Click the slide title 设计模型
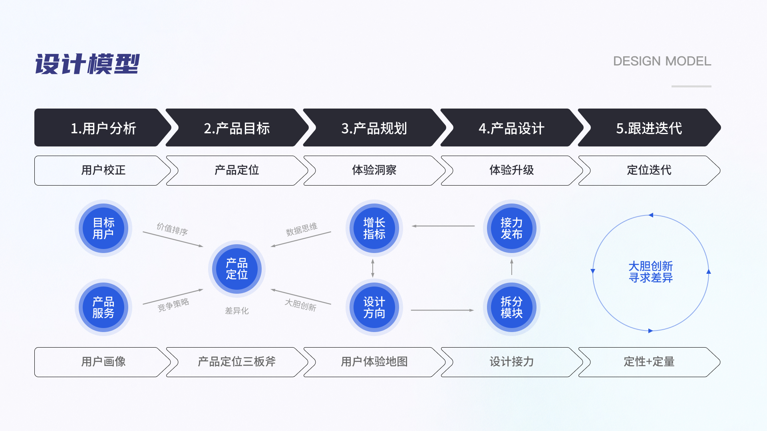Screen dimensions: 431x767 (x=87, y=64)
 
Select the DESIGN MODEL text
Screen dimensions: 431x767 (x=662, y=61)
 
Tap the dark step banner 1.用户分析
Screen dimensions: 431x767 (x=103, y=128)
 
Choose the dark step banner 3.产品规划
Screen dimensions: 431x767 (x=374, y=128)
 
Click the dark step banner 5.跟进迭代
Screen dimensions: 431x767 (x=649, y=128)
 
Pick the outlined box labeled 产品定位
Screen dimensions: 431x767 (x=236, y=170)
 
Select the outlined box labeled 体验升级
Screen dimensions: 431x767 (x=511, y=170)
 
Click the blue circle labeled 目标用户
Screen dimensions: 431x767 (x=103, y=228)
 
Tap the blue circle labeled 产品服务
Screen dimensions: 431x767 (x=103, y=307)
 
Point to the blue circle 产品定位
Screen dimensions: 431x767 (x=237, y=269)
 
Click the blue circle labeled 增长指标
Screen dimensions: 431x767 (x=374, y=228)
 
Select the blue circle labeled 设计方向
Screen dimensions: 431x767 (x=374, y=307)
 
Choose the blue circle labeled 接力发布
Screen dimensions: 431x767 (x=512, y=228)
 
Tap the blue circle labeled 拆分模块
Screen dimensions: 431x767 (x=512, y=307)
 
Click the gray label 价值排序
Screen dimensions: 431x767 (x=172, y=229)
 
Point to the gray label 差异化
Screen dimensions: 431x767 (x=237, y=311)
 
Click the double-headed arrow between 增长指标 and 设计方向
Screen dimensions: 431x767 (x=373, y=268)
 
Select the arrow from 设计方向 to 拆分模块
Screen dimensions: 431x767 (x=442, y=310)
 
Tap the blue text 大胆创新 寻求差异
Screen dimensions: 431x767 (x=650, y=272)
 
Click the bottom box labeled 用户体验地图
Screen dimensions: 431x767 (x=374, y=362)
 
